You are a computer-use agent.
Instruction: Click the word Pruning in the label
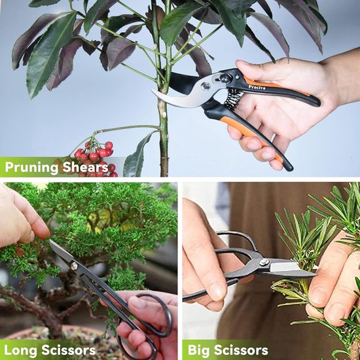[32, 168]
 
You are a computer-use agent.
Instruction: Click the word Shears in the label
[85, 168]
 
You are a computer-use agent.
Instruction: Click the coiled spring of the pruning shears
[234, 99]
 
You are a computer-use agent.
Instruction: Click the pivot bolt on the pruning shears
[207, 86]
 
